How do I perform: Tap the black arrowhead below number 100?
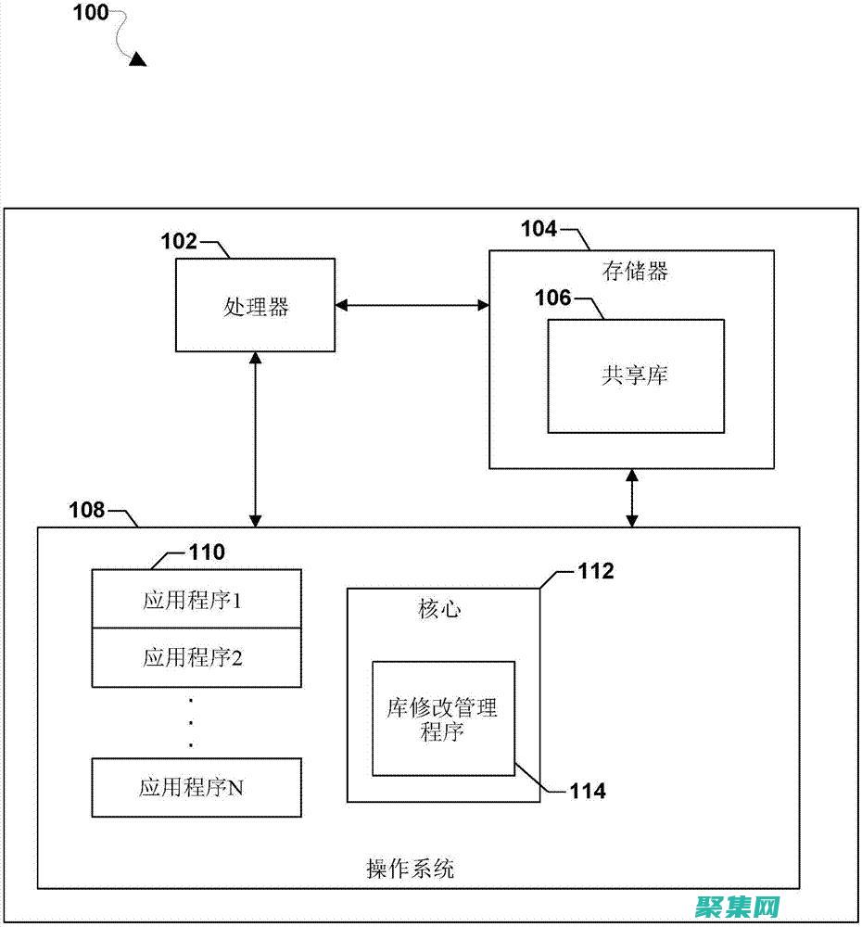(137, 59)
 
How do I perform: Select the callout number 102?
(179, 242)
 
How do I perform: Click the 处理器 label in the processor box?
(256, 307)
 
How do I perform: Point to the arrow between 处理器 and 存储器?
(412, 303)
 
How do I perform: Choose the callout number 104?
(539, 228)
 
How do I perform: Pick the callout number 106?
(553, 298)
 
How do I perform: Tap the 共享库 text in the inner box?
(635, 375)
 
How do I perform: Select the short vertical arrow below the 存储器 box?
(632, 498)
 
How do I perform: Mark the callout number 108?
(87, 509)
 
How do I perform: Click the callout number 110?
(206, 552)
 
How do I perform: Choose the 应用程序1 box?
(196, 600)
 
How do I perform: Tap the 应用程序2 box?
(196, 658)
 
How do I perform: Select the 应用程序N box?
(196, 788)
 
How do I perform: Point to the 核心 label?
(440, 609)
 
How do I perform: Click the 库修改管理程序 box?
(443, 718)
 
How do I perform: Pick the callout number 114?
(588, 791)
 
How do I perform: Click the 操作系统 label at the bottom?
(411, 869)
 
